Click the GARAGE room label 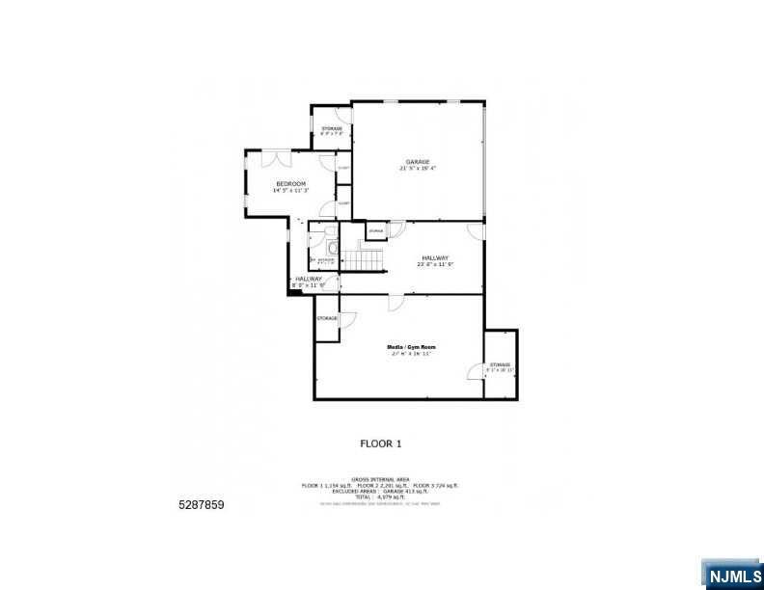point(417,161)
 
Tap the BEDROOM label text point(290,183)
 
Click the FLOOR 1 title point(380,443)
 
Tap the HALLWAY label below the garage point(435,257)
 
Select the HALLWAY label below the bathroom point(309,279)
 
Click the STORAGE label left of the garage point(332,128)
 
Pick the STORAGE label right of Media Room point(499,364)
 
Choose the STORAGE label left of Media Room point(327,317)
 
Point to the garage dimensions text point(417,168)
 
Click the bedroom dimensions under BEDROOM point(290,190)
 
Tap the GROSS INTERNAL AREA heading point(380,479)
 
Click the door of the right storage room point(476,371)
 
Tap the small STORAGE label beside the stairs point(375,231)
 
